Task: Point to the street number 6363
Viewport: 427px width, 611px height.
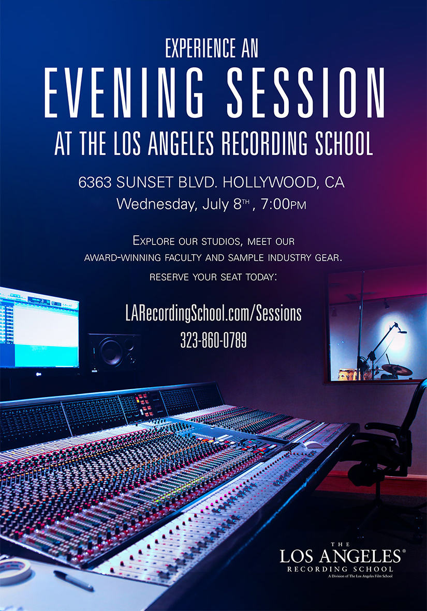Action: tap(96, 182)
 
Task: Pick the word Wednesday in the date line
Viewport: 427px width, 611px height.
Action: tap(156, 204)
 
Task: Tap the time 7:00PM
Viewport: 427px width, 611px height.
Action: tap(284, 204)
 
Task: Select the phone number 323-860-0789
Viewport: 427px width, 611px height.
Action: tap(213, 340)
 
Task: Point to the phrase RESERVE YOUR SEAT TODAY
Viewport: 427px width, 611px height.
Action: tap(213, 277)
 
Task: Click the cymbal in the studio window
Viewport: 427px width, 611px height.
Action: tap(396, 369)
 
